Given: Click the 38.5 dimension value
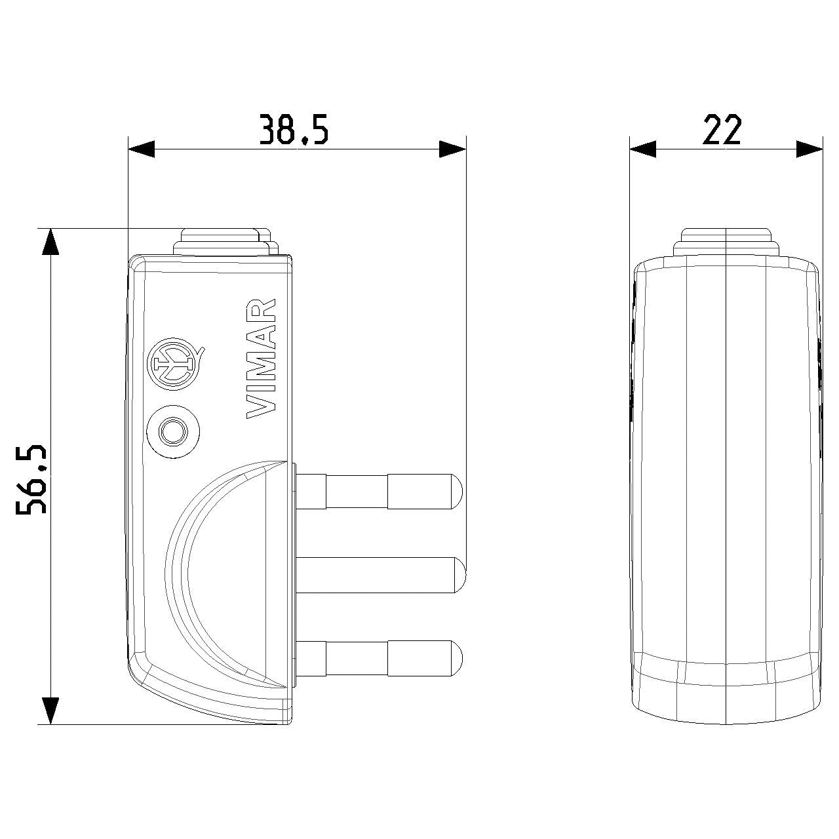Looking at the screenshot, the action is pyautogui.click(x=294, y=129).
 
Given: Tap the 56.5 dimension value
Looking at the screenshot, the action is pyautogui.click(x=31, y=479).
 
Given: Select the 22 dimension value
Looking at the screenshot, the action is pyautogui.click(x=722, y=129).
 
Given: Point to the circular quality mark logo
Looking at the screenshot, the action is pyautogui.click(x=176, y=364).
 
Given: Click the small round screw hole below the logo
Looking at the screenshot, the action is pyautogui.click(x=173, y=431).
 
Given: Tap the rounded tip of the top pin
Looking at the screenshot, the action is pyautogui.click(x=456, y=492).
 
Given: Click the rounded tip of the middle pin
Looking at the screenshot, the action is pyautogui.click(x=459, y=575).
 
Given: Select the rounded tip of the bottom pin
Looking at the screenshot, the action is pyautogui.click(x=456, y=657).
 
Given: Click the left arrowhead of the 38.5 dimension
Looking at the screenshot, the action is pyautogui.click(x=141, y=149).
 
